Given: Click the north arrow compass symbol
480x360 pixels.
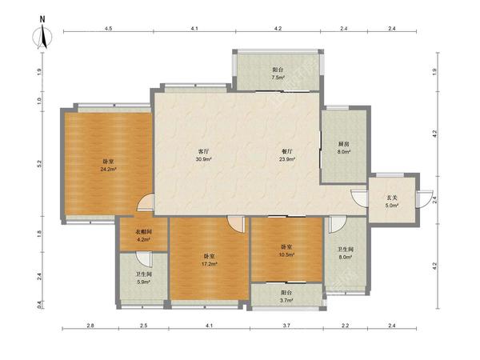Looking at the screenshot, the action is pyautogui.click(x=42, y=36).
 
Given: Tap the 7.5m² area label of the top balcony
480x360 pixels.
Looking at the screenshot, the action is pyautogui.click(x=278, y=78).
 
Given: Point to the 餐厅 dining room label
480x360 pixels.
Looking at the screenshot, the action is pyautogui.click(x=287, y=151).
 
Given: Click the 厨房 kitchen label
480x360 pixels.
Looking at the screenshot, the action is pyautogui.click(x=344, y=143).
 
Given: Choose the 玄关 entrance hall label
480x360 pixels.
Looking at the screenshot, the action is pyautogui.click(x=392, y=198).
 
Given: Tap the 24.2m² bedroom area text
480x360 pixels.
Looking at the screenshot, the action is pyautogui.click(x=108, y=169).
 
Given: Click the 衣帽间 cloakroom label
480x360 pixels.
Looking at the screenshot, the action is pyautogui.click(x=143, y=232).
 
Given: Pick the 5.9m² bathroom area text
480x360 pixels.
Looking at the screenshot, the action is pyautogui.click(x=143, y=282).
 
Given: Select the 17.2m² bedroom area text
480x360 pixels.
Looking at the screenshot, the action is pyautogui.click(x=210, y=263).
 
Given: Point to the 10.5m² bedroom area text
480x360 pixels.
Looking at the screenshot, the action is pyautogui.click(x=286, y=254).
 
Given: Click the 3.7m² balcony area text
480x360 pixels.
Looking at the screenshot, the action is pyautogui.click(x=286, y=300).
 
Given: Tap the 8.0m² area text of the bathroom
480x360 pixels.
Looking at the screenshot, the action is pyautogui.click(x=345, y=257).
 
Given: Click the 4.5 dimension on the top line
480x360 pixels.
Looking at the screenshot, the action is pyautogui.click(x=108, y=29).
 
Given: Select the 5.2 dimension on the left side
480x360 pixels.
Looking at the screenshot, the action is pyautogui.click(x=39, y=163).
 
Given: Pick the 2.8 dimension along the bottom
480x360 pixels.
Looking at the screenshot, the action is pyautogui.click(x=90, y=326).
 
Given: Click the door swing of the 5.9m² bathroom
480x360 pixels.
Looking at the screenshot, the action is pyautogui.click(x=144, y=259).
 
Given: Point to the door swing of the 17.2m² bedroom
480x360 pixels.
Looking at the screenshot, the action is pyautogui.click(x=236, y=224).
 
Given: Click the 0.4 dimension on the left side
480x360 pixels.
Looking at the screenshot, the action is pyautogui.click(x=39, y=305).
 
